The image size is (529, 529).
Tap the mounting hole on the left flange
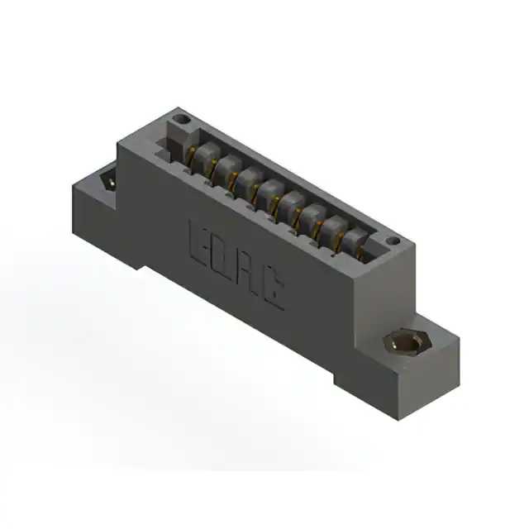109,182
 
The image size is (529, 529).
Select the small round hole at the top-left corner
181,119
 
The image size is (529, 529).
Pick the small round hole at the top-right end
393,241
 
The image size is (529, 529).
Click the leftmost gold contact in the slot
190,157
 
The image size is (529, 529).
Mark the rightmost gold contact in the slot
361,253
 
